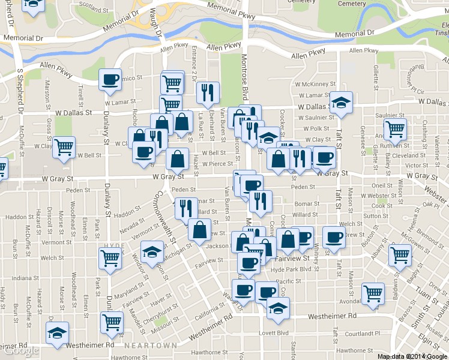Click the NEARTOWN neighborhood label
(x=151, y=346)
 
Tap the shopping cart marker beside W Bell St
(x=64, y=146)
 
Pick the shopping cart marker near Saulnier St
(x=395, y=128)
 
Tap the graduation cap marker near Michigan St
(x=152, y=251)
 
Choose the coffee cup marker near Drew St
(x=333, y=236)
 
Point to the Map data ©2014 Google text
(x=412, y=356)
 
